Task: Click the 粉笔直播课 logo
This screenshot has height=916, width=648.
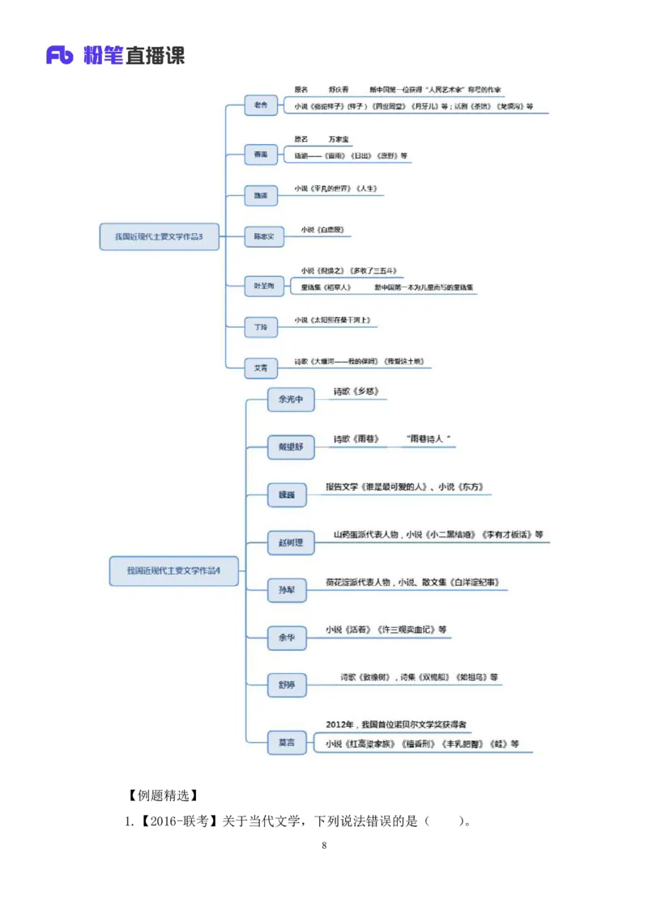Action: [x=114, y=55]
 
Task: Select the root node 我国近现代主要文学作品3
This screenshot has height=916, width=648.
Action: [x=159, y=236]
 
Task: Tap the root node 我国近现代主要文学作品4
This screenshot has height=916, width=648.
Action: [x=173, y=570]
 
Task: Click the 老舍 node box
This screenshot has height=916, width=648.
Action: [x=261, y=105]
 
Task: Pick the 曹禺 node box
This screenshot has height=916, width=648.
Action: [x=261, y=154]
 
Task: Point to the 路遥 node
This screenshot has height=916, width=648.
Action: [x=261, y=196]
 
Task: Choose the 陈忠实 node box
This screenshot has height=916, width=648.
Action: [x=264, y=237]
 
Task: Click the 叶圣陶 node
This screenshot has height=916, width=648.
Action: [x=264, y=286]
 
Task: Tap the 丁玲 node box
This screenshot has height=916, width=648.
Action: [x=261, y=327]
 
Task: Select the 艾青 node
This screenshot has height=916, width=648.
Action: [x=261, y=368]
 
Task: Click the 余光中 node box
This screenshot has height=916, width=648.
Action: [x=291, y=400]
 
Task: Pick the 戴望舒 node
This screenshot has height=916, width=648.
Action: [x=291, y=447]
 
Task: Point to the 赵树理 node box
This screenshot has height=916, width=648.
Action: [x=291, y=543]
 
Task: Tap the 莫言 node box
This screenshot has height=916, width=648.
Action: [x=287, y=742]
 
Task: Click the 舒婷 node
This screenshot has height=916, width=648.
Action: [x=287, y=686]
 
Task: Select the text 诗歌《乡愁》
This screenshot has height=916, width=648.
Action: [x=356, y=392]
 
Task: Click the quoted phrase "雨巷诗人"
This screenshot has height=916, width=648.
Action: [x=428, y=439]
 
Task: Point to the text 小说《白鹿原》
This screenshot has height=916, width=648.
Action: [x=327, y=230]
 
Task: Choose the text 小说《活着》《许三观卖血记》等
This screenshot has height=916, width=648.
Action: [x=386, y=630]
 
